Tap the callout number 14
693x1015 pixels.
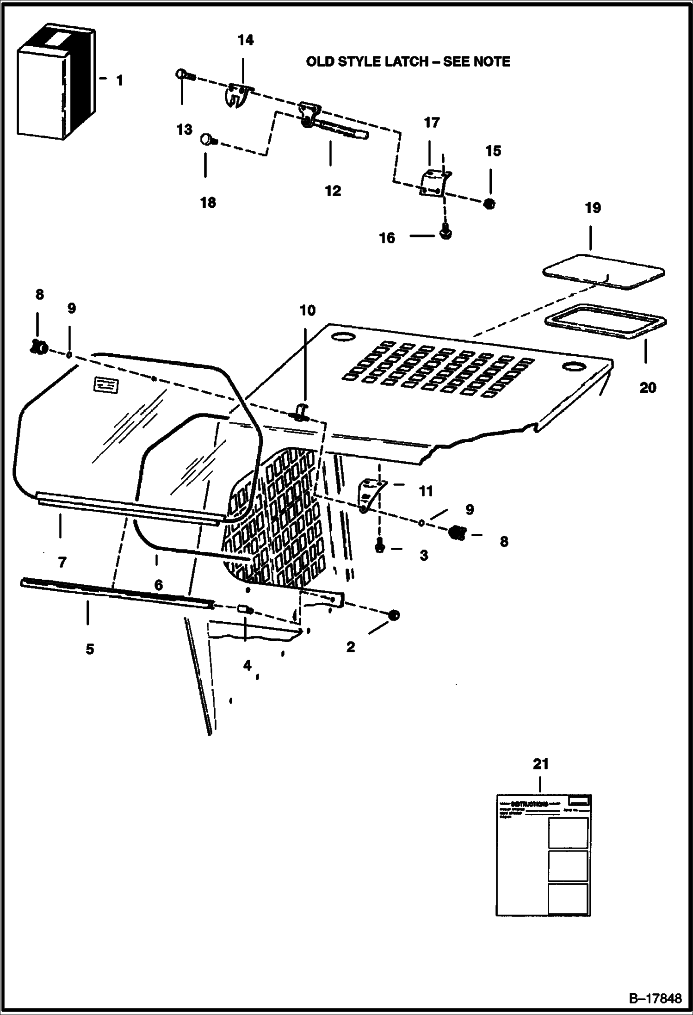[246, 41]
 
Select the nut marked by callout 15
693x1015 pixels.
[489, 203]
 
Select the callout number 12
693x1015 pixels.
[333, 191]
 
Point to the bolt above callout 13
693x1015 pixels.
[181, 74]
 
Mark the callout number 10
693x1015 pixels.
[307, 310]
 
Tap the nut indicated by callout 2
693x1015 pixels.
[394, 615]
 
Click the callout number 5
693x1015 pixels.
[90, 649]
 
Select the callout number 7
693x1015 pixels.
[62, 562]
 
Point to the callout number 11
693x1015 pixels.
[426, 491]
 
